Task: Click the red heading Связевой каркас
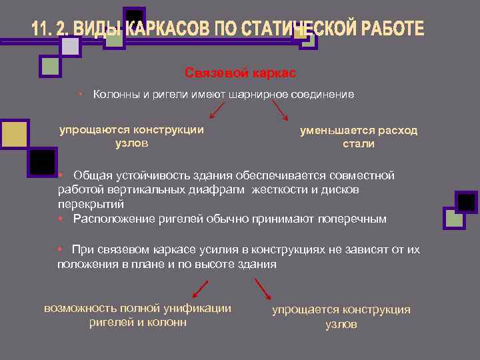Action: pyautogui.click(x=239, y=72)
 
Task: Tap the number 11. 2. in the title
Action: pyautogui.click(x=53, y=29)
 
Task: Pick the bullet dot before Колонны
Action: pyautogui.click(x=79, y=94)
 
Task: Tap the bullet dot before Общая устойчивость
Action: pyautogui.click(x=60, y=175)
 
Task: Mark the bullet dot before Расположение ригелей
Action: pyautogui.click(x=60, y=218)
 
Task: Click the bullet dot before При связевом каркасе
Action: pyautogui.click(x=60, y=249)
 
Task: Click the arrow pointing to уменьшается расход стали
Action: pyautogui.click(x=280, y=111)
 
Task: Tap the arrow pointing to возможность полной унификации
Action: pyautogui.click(x=200, y=288)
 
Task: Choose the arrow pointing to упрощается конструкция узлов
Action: pyautogui.click(x=263, y=288)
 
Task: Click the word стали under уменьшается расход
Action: pyautogui.click(x=359, y=143)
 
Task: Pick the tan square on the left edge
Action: pyautogui.click(x=13, y=133)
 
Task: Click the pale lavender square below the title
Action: pyautogui.click(x=70, y=45)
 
